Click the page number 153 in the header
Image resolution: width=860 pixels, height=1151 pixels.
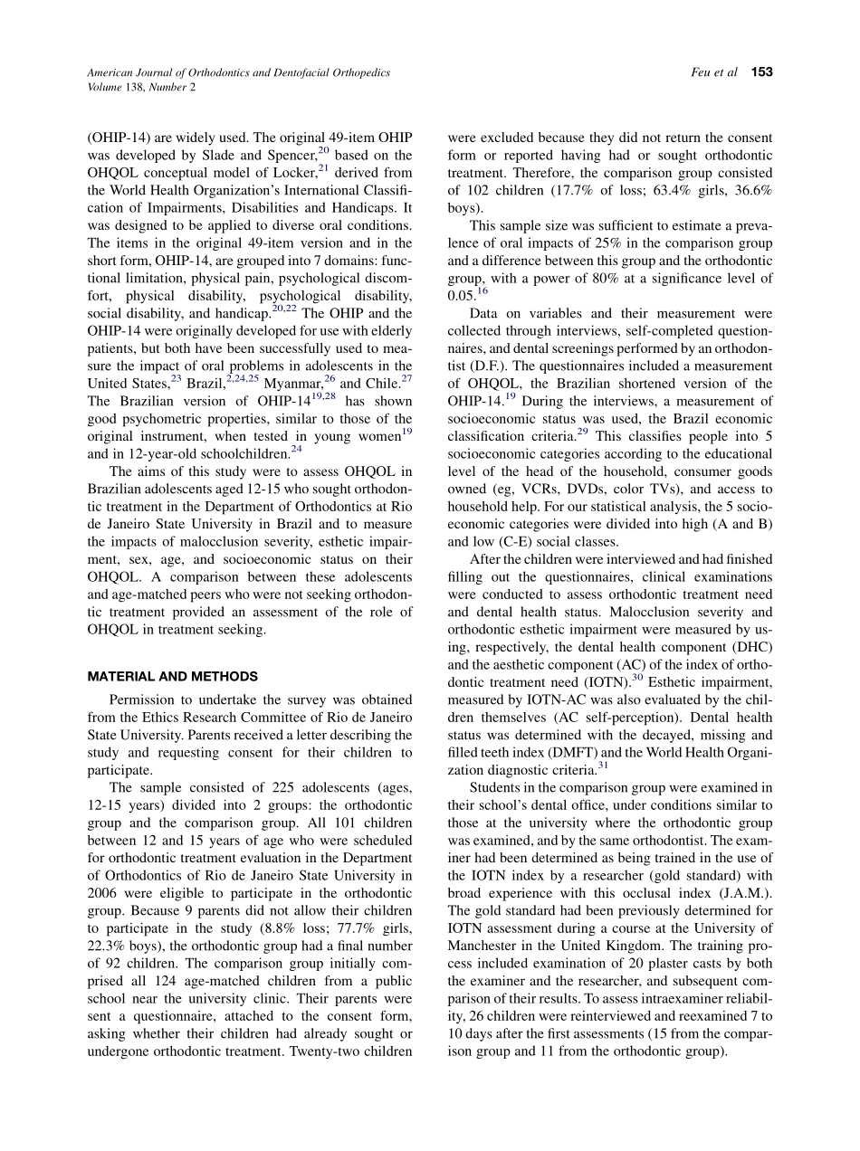click(761, 72)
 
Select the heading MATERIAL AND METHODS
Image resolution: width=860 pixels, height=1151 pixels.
click(172, 676)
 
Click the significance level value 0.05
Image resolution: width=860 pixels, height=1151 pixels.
click(461, 296)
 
